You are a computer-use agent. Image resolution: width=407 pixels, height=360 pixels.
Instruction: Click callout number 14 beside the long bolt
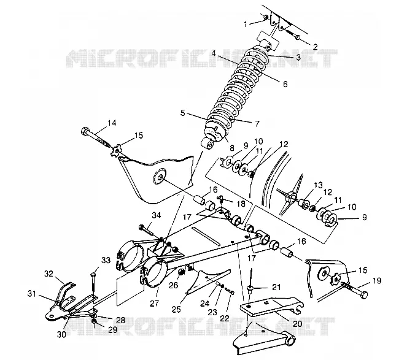pyautogui.click(x=112, y=123)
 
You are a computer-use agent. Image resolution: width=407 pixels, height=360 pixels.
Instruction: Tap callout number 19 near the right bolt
pyautogui.click(x=377, y=281)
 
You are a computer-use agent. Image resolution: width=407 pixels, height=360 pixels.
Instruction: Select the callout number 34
pyautogui.click(x=157, y=215)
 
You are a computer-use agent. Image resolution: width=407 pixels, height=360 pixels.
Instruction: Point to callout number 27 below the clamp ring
pyautogui.click(x=154, y=303)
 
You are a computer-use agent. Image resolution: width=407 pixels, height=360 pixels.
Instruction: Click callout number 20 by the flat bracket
pyautogui.click(x=298, y=323)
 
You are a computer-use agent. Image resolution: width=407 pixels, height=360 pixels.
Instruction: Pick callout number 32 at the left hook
pyautogui.click(x=48, y=274)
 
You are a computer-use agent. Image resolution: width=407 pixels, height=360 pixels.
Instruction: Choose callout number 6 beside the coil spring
pyautogui.click(x=285, y=84)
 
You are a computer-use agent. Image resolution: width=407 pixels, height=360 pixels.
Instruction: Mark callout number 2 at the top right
pyautogui.click(x=315, y=47)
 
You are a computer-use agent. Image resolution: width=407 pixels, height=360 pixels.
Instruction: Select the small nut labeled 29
pyautogui.click(x=95, y=322)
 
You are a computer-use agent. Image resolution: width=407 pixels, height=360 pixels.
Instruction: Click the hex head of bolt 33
pyautogui.click(x=93, y=274)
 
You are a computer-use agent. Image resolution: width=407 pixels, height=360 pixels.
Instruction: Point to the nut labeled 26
pyautogui.click(x=182, y=272)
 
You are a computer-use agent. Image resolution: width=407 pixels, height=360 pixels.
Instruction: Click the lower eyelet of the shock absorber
pyautogui.click(x=208, y=144)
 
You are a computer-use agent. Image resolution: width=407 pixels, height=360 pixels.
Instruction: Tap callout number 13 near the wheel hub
pyautogui.click(x=318, y=185)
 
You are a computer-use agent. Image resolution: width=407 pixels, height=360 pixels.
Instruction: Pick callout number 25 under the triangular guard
pyautogui.click(x=177, y=309)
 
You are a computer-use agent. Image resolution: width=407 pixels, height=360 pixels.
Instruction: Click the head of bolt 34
pyautogui.click(x=141, y=227)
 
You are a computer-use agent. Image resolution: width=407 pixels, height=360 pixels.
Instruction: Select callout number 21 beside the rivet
pyautogui.click(x=276, y=287)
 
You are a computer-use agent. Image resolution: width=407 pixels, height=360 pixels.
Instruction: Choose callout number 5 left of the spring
pyautogui.click(x=183, y=113)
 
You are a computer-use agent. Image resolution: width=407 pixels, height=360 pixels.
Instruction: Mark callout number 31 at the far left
pyautogui.click(x=32, y=294)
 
